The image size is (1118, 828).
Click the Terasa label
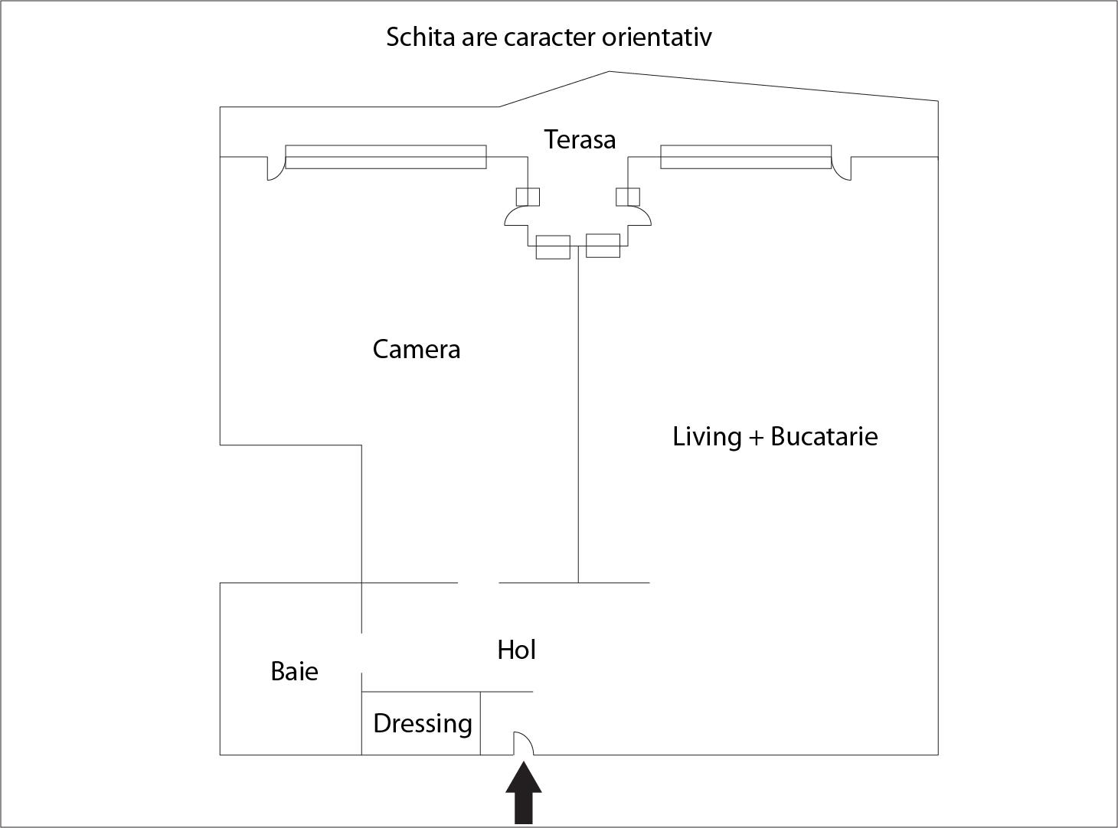click(x=580, y=140)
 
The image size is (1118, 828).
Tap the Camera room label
click(x=416, y=350)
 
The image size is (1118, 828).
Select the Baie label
click(x=294, y=672)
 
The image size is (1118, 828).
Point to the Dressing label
click(x=422, y=724)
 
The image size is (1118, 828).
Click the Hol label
click(x=516, y=650)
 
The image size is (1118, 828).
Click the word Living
click(x=707, y=437)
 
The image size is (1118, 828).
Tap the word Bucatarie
click(x=824, y=437)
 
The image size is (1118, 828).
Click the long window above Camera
click(x=385, y=157)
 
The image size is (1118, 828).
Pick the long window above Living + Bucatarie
click(x=745, y=157)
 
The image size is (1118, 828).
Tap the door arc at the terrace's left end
click(x=274, y=170)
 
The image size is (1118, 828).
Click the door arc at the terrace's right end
click(x=842, y=170)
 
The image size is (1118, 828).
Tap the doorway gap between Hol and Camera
click(x=478, y=583)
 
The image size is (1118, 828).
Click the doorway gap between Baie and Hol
click(x=361, y=653)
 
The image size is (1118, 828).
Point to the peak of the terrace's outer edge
click(x=609, y=72)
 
